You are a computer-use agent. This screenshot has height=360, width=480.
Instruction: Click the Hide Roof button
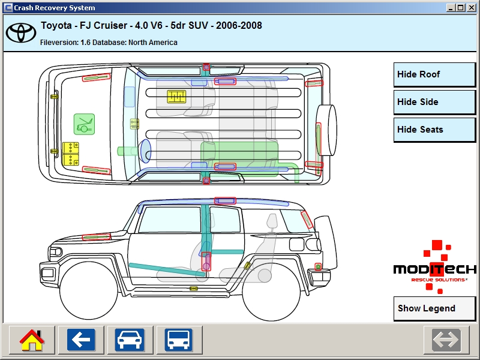[x=434, y=74]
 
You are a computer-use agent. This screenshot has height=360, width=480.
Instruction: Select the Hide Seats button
[x=434, y=130]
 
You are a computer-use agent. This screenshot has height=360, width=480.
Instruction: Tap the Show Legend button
[x=434, y=308]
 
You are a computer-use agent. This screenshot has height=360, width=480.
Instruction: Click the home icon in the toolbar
[x=32, y=340]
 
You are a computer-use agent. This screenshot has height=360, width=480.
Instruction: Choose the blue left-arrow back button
[x=81, y=340]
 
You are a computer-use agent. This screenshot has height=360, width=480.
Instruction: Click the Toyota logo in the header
[x=21, y=33]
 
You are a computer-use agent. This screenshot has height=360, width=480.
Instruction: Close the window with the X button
[x=472, y=8]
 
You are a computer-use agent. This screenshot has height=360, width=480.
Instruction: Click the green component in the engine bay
[x=84, y=124]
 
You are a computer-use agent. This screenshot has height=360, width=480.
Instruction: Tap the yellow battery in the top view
[x=71, y=154]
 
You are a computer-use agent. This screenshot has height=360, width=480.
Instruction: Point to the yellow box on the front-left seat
[x=176, y=96]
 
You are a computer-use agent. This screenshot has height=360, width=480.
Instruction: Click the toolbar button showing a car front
[x=130, y=340]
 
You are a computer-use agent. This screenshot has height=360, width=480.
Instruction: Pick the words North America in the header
[x=153, y=43]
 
